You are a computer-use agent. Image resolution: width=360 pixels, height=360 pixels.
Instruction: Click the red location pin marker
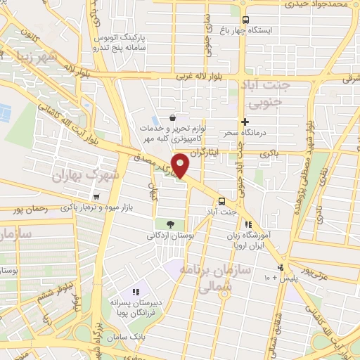pos(181,167)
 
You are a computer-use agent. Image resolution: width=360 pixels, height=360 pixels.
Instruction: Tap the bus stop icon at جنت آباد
pos(222,200)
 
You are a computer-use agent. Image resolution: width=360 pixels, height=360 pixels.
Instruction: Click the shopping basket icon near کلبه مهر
pos(173,118)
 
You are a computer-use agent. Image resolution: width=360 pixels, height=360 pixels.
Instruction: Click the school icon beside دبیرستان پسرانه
pos(136,292)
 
